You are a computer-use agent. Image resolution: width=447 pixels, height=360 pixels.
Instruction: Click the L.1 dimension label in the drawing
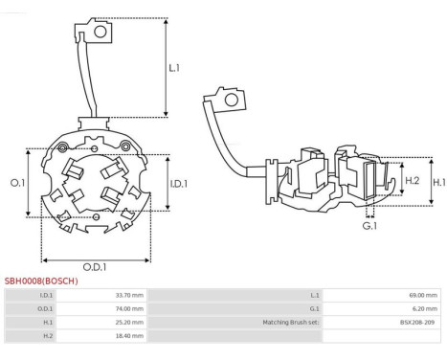[x=174, y=68]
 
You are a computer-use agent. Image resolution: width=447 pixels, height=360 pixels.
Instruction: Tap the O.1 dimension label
[x=17, y=183]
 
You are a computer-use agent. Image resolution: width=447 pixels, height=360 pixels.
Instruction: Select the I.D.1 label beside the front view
[x=179, y=184]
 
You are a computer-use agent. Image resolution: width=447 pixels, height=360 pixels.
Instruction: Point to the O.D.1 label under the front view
[x=95, y=267]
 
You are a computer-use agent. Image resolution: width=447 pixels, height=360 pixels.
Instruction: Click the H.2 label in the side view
[x=412, y=181]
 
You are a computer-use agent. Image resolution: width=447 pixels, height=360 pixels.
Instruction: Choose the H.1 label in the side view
[x=439, y=182]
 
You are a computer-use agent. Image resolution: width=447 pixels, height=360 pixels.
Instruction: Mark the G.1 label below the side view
[x=369, y=226]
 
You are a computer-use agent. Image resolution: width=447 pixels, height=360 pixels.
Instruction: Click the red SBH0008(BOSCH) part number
[x=41, y=281]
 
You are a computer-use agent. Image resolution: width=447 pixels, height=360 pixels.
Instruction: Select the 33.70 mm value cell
[x=129, y=295]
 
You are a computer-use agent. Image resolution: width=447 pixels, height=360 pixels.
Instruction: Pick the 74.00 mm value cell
[x=129, y=308]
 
